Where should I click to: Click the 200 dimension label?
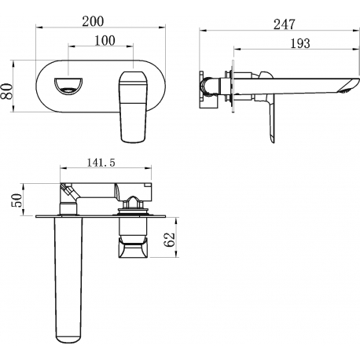click(x=93, y=21)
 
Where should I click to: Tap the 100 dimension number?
click(x=105, y=41)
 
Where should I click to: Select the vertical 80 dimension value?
click(x=7, y=91)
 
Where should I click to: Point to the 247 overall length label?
click(x=285, y=24)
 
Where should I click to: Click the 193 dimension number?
click(x=300, y=43)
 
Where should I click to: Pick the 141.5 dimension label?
click(x=101, y=163)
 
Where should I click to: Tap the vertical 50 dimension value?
click(x=17, y=200)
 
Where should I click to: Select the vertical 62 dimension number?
click(x=169, y=240)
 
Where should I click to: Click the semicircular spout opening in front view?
click(x=68, y=86)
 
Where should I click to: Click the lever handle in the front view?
click(x=133, y=107)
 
